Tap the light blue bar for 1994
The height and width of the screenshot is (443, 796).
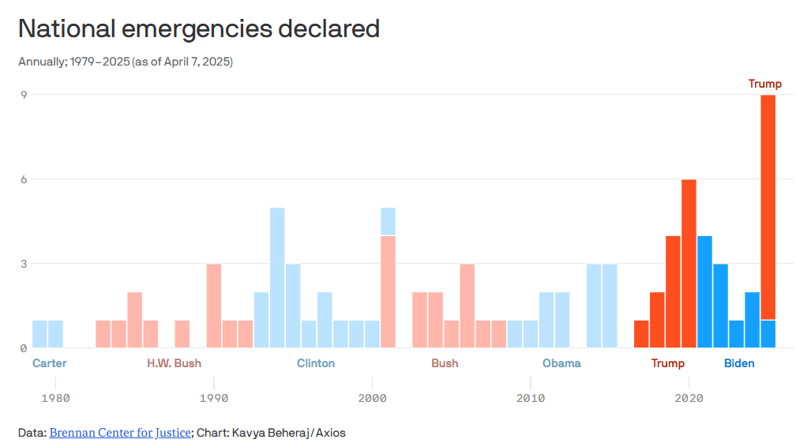277,277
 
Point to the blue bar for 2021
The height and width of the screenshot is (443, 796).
704,291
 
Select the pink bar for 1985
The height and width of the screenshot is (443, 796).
135,320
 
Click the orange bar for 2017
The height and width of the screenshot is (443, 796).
641,334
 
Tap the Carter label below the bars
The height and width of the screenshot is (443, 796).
50,363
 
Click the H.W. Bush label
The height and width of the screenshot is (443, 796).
174,363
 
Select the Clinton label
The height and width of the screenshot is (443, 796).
316,363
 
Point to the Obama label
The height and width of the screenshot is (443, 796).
561,363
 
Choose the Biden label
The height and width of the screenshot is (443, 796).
739,363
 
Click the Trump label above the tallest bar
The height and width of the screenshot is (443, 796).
764,84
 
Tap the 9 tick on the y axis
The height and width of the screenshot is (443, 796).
24,95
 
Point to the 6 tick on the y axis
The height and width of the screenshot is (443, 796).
24,179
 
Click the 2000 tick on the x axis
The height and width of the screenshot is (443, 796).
372,398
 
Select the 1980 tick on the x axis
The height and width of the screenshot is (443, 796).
55,398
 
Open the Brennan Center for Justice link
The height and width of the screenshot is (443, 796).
120,433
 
